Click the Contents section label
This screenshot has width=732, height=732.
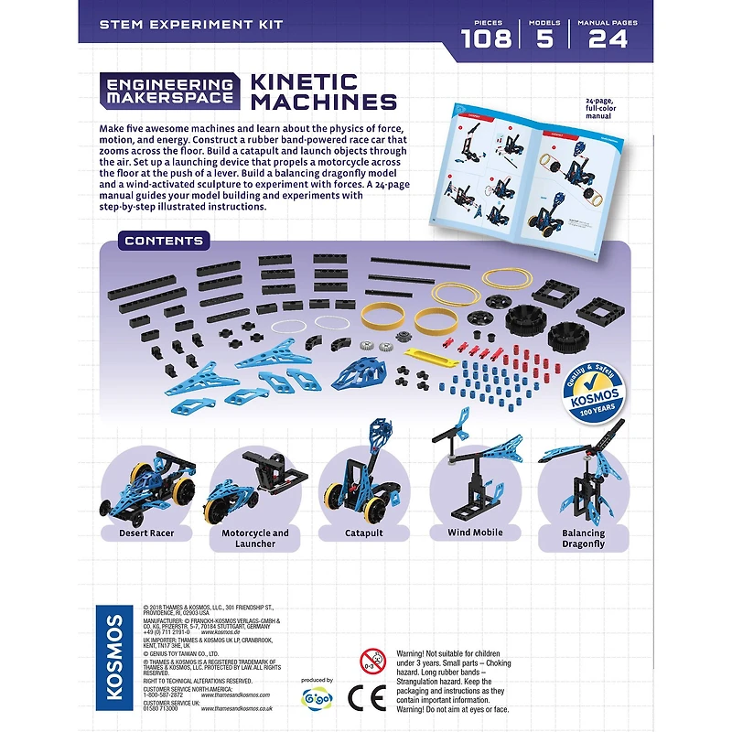[164, 241]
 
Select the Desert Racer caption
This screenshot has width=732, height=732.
[146, 533]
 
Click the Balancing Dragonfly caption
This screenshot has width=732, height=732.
[583, 538]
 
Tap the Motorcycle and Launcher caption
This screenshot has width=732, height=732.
[255, 538]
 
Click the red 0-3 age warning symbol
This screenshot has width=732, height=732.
[372, 660]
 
